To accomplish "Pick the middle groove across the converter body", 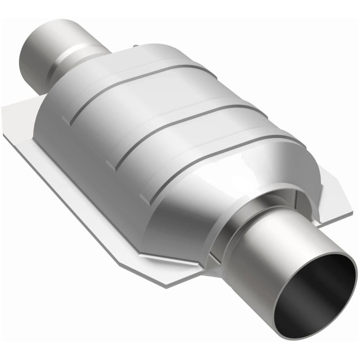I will pyautogui.click(x=180, y=121).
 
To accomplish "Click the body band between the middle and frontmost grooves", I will pyautogui.click(x=189, y=157).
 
